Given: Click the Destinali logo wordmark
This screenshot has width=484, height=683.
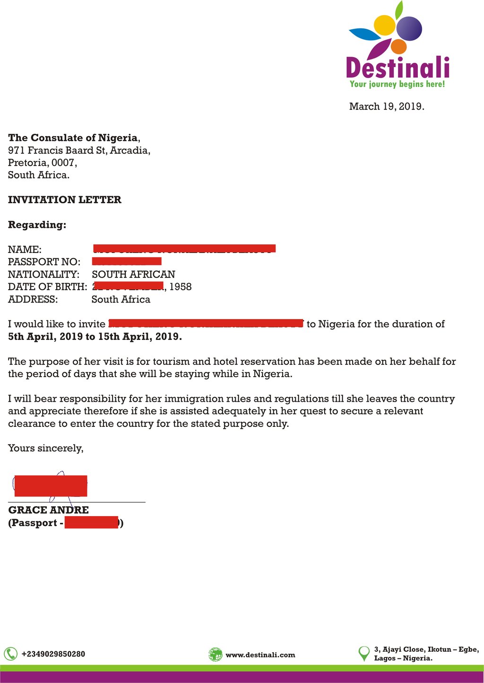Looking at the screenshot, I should tap(398, 67).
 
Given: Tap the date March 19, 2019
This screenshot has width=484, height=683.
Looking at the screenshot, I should tap(387, 106).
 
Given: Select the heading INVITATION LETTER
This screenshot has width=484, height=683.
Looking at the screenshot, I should tap(65, 199).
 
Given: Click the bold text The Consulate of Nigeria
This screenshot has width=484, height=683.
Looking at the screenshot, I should tap(73, 138).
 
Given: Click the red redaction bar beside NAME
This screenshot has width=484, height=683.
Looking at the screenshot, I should tap(184, 248).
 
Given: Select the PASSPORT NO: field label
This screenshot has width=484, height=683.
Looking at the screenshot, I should tap(44, 262).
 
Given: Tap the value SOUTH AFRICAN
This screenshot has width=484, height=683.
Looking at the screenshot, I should tap(133, 274).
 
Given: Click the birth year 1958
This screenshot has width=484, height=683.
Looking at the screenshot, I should tap(181, 287).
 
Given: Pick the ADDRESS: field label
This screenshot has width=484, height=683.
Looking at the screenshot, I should tap(33, 299).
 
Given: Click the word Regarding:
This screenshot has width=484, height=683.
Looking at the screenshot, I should tap(37, 225).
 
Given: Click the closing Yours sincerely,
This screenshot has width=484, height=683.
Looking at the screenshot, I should tap(46, 448).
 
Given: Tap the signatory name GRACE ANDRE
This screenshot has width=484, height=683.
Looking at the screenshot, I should tap(49, 510).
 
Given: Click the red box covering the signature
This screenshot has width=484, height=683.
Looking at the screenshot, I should tap(51, 486).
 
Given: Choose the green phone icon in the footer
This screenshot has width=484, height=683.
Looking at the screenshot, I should tap(10, 654).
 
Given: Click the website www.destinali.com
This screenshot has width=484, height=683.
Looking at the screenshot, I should tap(260, 655).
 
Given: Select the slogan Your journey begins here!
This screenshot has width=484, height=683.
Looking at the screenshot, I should tap(397, 84).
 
